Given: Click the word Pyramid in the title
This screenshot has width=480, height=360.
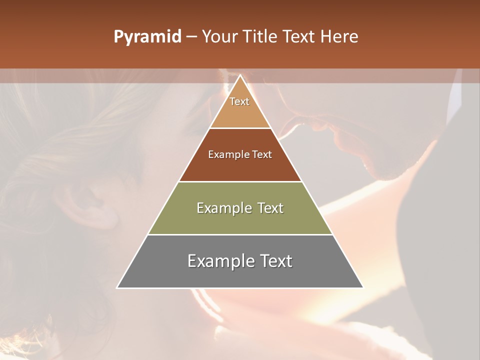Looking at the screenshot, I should point(147,37).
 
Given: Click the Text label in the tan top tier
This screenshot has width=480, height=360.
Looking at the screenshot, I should point(239,101).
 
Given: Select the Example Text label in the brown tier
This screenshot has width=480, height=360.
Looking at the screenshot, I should point(240,154).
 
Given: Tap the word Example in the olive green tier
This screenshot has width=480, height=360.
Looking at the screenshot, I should point(218,208).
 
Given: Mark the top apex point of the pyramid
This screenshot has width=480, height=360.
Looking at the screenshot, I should point(240,75).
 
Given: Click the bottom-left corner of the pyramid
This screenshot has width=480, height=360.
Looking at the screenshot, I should point(117,287).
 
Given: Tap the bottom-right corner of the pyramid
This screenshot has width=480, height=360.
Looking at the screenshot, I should point(363,287).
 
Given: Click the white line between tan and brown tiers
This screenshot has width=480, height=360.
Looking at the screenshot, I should point(240,128).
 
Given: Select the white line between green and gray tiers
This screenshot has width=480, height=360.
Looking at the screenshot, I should point(240,234).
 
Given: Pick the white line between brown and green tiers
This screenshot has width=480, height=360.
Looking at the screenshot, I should point(240,181).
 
